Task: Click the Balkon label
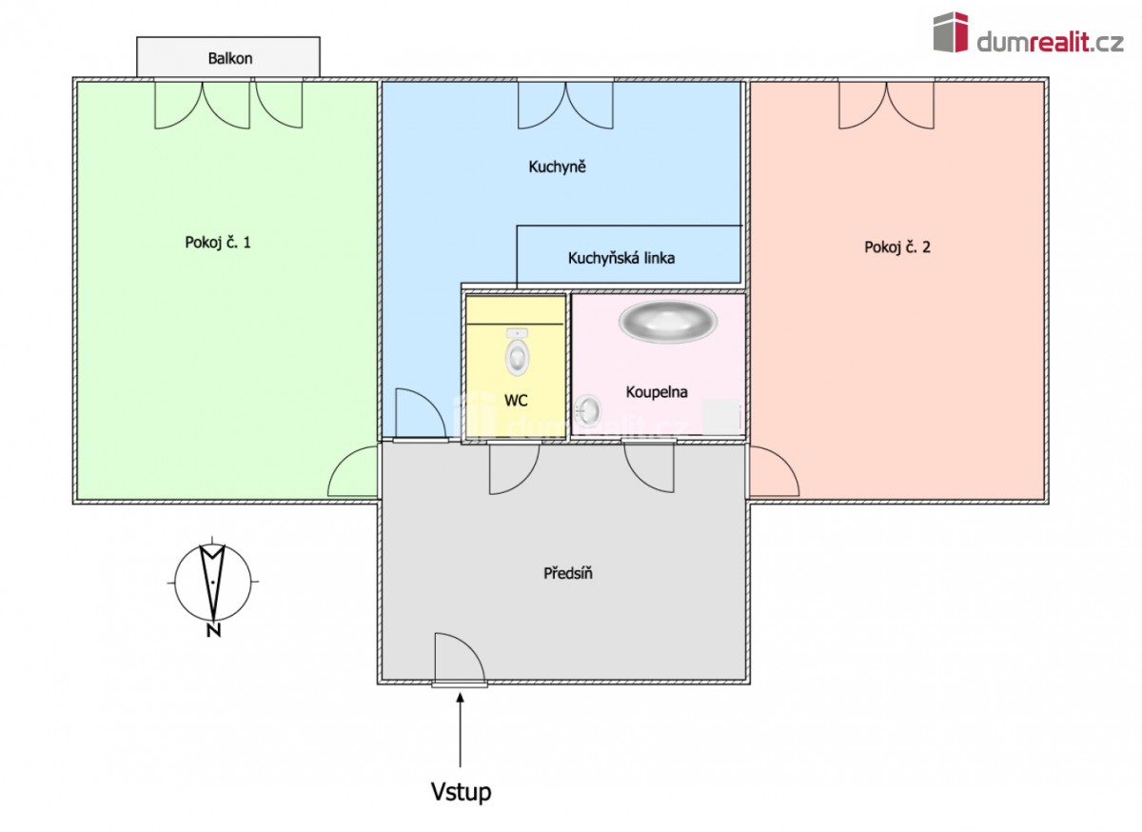[x=230, y=58]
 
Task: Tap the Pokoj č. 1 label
[x=218, y=243]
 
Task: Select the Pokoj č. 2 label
[x=897, y=248]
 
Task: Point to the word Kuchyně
[x=558, y=167]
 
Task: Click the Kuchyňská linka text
[x=621, y=258]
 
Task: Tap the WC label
[x=516, y=401]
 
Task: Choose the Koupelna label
[x=657, y=392]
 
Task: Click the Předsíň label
[x=568, y=573]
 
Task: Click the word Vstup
[x=461, y=791]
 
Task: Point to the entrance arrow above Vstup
[x=461, y=729]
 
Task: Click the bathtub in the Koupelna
[x=668, y=322]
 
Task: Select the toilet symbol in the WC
[x=517, y=352]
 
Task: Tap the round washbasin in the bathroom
[x=587, y=410]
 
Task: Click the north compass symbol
[x=212, y=581]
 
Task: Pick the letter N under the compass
[x=213, y=631]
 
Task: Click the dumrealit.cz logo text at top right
[x=1051, y=43]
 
